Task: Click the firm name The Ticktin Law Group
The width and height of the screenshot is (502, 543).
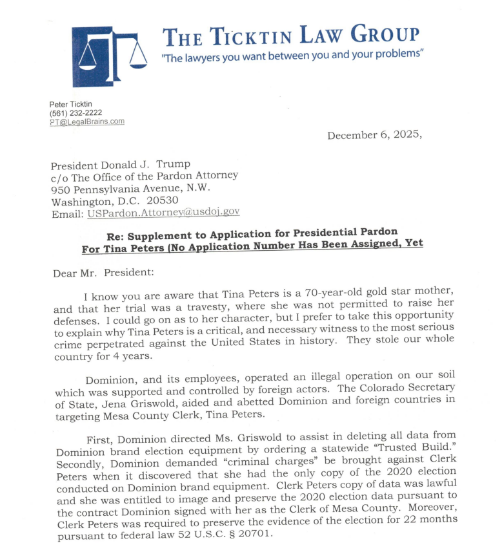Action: pyautogui.click(x=291, y=36)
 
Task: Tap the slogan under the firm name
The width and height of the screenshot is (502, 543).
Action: pyautogui.click(x=292, y=56)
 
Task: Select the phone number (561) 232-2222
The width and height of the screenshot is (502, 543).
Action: pyautogui.click(x=75, y=112)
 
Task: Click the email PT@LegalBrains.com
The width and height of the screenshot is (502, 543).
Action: pyautogui.click(x=87, y=122)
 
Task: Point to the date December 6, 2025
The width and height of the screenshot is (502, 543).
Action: pyautogui.click(x=374, y=135)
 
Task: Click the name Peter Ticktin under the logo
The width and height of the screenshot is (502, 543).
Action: pyautogui.click(x=70, y=104)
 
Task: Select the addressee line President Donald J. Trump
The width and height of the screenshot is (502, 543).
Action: pyautogui.click(x=121, y=164)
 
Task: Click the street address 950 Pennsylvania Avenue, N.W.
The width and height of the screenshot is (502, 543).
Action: pyautogui.click(x=130, y=187)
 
